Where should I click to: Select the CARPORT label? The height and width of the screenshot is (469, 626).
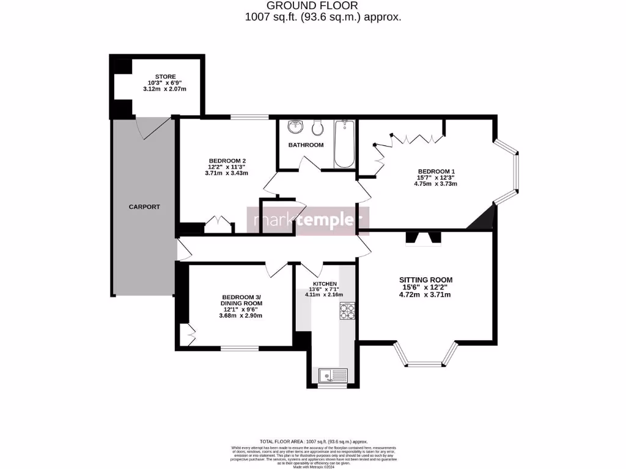tap(144, 207)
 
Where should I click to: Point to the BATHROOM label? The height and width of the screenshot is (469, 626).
tap(306, 145)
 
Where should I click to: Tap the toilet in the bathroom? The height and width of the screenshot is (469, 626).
tap(317, 128)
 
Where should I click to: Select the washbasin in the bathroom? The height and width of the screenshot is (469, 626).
tap(296, 127)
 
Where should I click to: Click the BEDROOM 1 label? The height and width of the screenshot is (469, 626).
tap(436, 172)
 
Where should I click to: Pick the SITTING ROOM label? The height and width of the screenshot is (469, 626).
tap(426, 280)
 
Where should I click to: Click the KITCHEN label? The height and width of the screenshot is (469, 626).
tap(325, 284)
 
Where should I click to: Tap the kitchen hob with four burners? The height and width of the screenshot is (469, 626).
tap(347, 312)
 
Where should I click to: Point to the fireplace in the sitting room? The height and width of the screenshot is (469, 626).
tap(423, 238)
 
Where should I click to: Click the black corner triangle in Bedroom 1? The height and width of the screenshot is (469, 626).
tap(483, 219)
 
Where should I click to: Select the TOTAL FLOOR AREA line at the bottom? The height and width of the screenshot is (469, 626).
tap(314, 441)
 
